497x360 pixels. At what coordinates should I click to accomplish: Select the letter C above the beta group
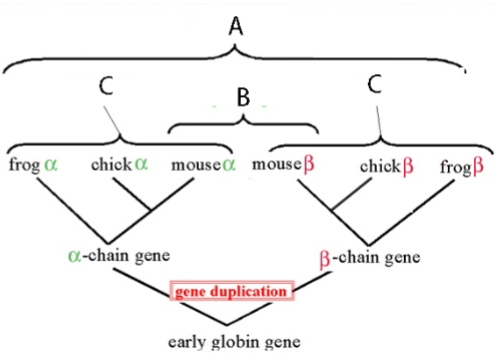point(376,88)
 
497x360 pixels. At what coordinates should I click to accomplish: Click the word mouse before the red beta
point(275,163)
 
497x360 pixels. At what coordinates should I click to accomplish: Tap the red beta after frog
point(479,163)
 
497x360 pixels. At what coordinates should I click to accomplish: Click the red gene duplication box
point(233,292)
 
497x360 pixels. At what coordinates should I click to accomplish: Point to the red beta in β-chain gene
point(325,258)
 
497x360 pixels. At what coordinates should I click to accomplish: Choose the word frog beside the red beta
point(456,163)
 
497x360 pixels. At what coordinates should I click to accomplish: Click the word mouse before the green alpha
point(191,163)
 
